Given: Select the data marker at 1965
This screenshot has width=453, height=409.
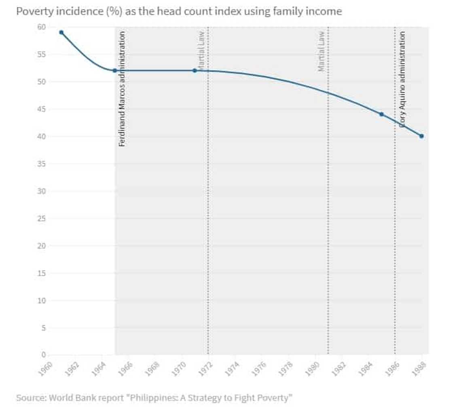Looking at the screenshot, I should (x=115, y=70).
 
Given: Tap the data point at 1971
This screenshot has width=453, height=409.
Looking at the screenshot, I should (x=195, y=70).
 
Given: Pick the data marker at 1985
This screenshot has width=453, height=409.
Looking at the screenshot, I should (x=381, y=114).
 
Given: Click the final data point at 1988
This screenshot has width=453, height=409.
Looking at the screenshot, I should (x=421, y=136).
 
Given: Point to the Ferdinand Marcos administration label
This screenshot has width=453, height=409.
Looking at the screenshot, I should (x=122, y=89).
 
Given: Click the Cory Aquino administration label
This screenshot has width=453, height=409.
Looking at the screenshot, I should (x=402, y=80).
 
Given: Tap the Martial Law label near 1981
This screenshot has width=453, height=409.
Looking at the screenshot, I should (x=322, y=52).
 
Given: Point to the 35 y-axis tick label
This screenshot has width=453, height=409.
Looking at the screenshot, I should (x=41, y=164).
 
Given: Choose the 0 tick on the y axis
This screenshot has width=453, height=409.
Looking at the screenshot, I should (x=43, y=355).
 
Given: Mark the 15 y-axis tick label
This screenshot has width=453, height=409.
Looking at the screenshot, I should (x=41, y=274).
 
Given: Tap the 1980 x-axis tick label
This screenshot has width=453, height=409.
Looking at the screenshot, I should (x=314, y=368).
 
